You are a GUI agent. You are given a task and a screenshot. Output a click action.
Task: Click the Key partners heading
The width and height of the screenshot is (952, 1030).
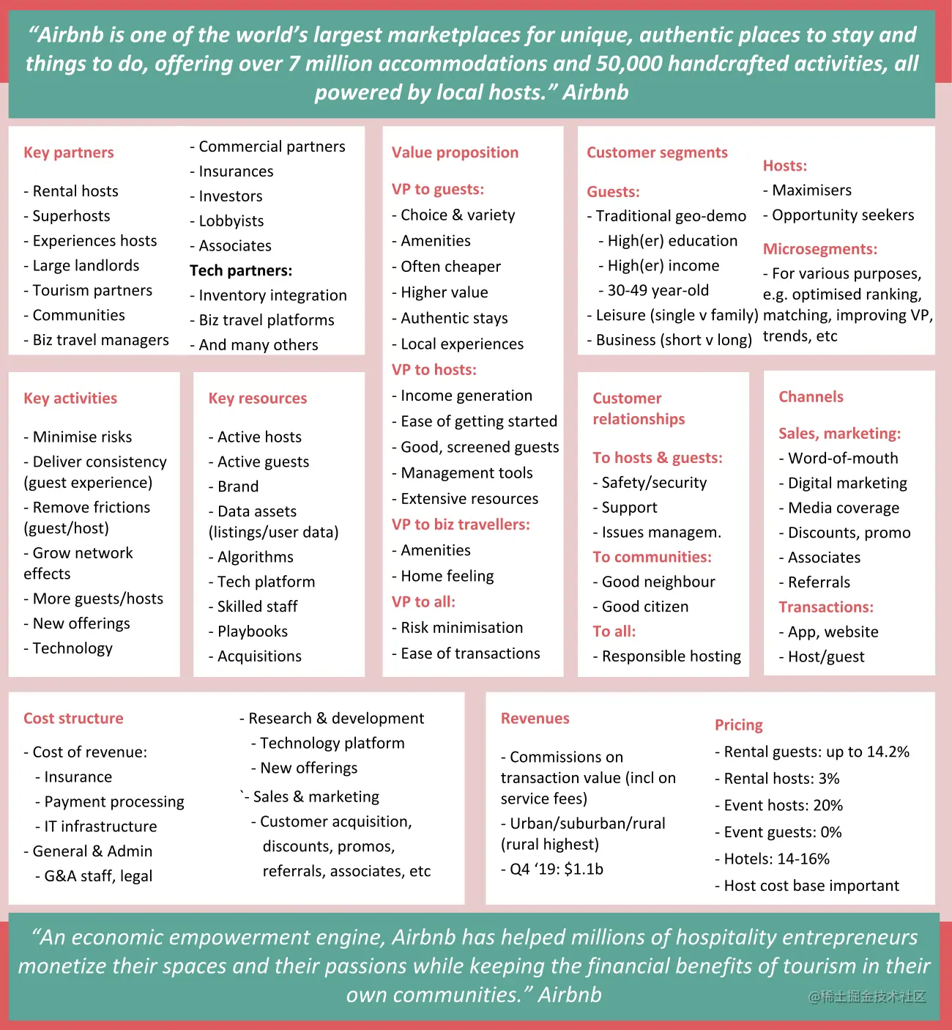tap(69, 152)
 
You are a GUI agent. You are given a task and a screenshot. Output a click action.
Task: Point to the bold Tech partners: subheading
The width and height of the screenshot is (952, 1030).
tap(241, 271)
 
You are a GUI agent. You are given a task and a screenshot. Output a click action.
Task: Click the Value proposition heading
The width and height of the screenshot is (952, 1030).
tap(455, 152)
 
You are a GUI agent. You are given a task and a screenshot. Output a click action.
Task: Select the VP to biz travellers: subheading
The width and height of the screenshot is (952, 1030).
tap(461, 525)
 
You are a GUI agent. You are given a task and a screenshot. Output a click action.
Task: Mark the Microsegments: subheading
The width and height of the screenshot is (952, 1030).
tap(820, 249)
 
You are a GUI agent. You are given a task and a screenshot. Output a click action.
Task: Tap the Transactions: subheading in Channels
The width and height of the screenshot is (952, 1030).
tap(826, 607)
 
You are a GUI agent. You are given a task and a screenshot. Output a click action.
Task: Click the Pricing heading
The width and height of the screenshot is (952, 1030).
tap(739, 725)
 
